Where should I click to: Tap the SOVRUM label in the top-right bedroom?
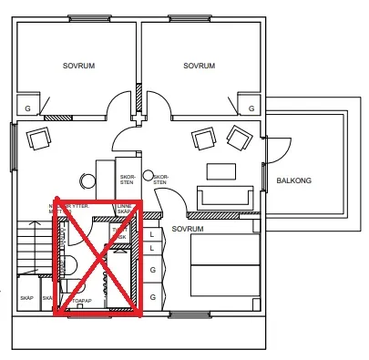[x=199, y=66]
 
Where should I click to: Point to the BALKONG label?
[x=293, y=180]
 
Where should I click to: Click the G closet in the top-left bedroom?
[x=28, y=108]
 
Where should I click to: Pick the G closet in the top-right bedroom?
[x=246, y=108]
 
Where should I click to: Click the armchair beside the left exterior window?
[x=40, y=139]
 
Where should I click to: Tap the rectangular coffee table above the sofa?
[x=221, y=170]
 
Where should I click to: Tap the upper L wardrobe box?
[x=152, y=234]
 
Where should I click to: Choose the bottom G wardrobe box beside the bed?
[x=152, y=296]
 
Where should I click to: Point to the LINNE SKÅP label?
[x=125, y=209]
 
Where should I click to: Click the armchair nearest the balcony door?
[x=238, y=139]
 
